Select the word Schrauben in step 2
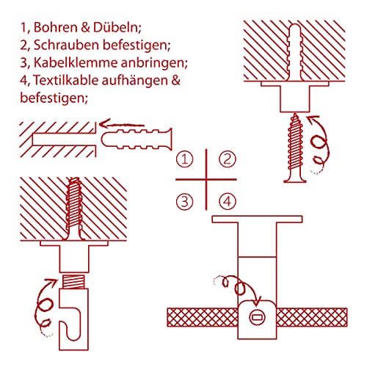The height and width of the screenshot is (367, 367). [x=66, y=45]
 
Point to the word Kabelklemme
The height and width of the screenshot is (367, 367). [x=76, y=62]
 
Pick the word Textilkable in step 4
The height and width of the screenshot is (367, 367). [x=65, y=80]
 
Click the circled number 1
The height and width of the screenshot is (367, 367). [x=185, y=159]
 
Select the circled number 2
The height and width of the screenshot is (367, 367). [x=228, y=159]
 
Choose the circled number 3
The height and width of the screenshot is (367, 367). [x=185, y=202]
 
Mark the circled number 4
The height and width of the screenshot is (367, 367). [x=228, y=202]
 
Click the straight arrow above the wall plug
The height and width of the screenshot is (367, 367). [x=122, y=125]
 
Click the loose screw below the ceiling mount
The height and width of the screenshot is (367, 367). [x=295, y=148]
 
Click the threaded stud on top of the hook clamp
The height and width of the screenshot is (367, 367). [x=74, y=281]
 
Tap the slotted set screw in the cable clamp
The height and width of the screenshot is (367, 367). [x=257, y=317]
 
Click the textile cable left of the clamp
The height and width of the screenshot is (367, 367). [x=203, y=317]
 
